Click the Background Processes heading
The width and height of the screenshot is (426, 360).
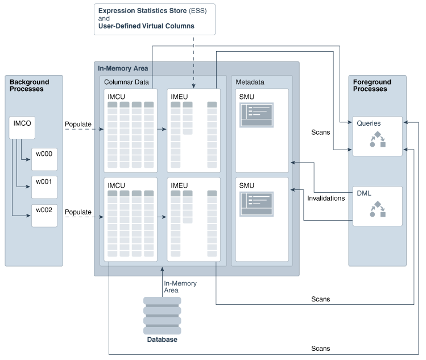pyautogui.click(x=30, y=85)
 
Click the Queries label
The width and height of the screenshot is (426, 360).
pyautogui.click(x=369, y=123)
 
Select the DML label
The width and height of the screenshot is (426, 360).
pyautogui.click(x=363, y=193)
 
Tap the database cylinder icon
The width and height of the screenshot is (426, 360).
pyautogui.click(x=162, y=315)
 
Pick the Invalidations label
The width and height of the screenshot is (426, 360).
pyautogui.click(x=326, y=198)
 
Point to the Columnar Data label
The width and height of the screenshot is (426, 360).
pyautogui.click(x=126, y=82)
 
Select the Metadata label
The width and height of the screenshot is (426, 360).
pyautogui.click(x=250, y=82)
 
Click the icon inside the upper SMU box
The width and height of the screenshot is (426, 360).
pyautogui.click(x=257, y=115)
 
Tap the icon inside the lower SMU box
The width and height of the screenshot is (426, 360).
pyautogui.click(x=257, y=204)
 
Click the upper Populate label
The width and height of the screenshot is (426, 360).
pyautogui.click(x=78, y=125)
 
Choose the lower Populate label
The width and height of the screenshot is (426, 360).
pyautogui.click(x=78, y=212)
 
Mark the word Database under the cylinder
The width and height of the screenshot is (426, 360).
pyautogui.click(x=162, y=340)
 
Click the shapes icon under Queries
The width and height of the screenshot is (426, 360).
pyautogui.click(x=378, y=140)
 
